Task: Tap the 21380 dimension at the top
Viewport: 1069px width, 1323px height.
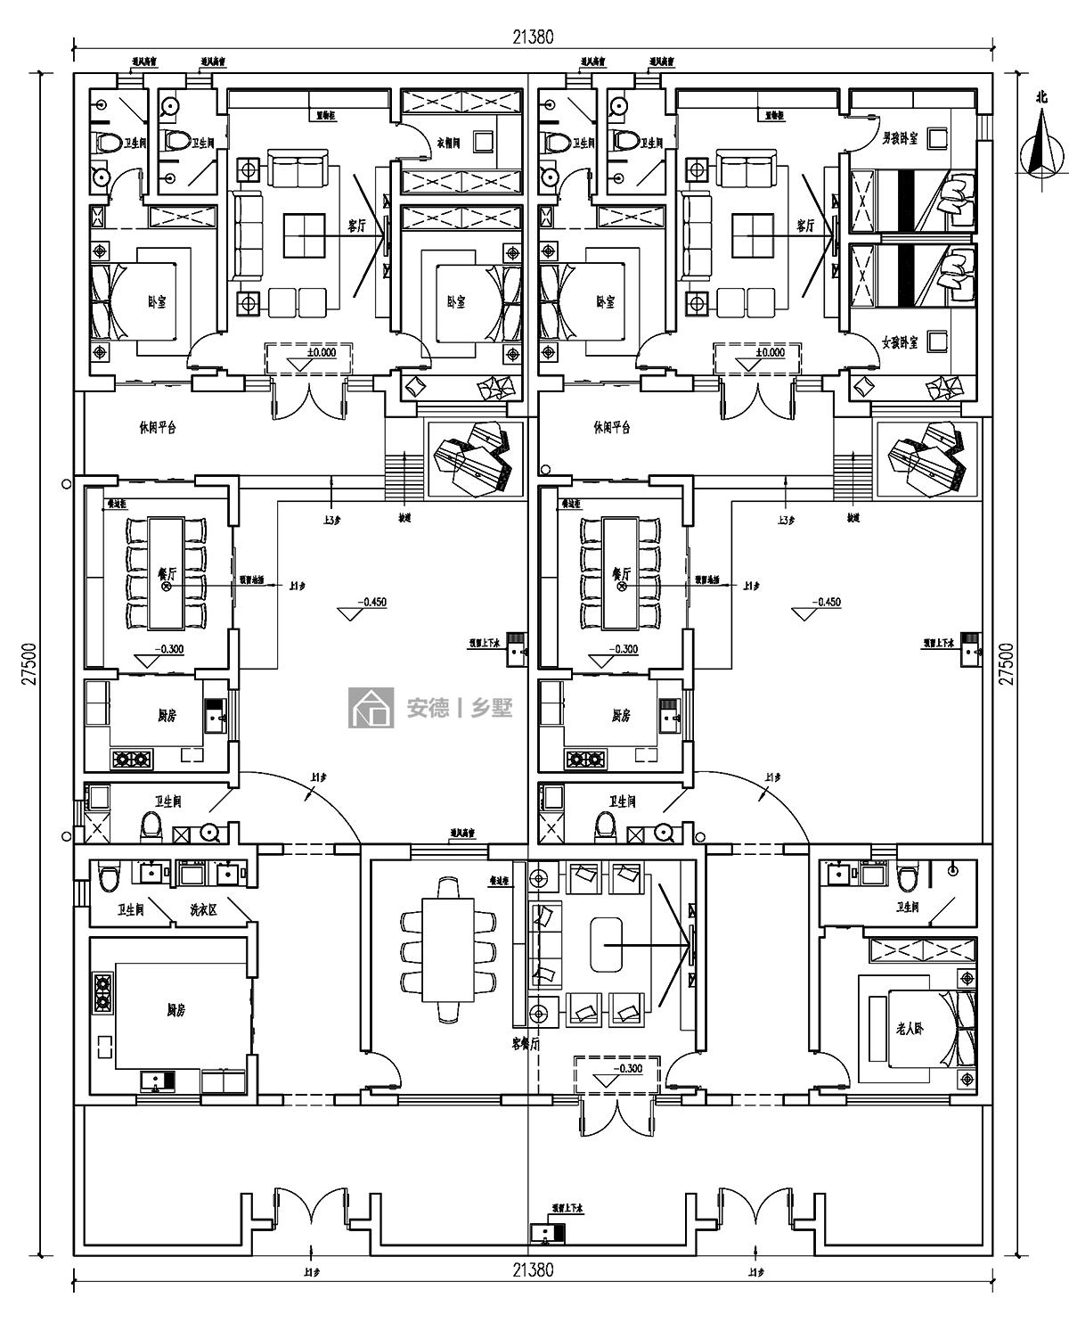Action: pyautogui.click(x=533, y=37)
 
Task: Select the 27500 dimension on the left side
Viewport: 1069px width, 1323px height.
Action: pyautogui.click(x=29, y=664)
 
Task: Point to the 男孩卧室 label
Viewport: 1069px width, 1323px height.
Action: pyautogui.click(x=900, y=139)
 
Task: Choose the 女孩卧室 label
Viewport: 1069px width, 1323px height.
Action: pyautogui.click(x=901, y=342)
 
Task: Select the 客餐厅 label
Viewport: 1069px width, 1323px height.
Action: pyautogui.click(x=526, y=1043)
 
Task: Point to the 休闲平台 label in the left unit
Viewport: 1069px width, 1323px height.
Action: pyautogui.click(x=159, y=427)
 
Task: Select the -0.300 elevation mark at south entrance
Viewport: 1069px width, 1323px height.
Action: pyautogui.click(x=627, y=1068)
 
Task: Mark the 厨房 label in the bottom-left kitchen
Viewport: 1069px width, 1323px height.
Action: pyautogui.click(x=175, y=1010)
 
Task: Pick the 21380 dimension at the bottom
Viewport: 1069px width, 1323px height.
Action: pyautogui.click(x=533, y=1270)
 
